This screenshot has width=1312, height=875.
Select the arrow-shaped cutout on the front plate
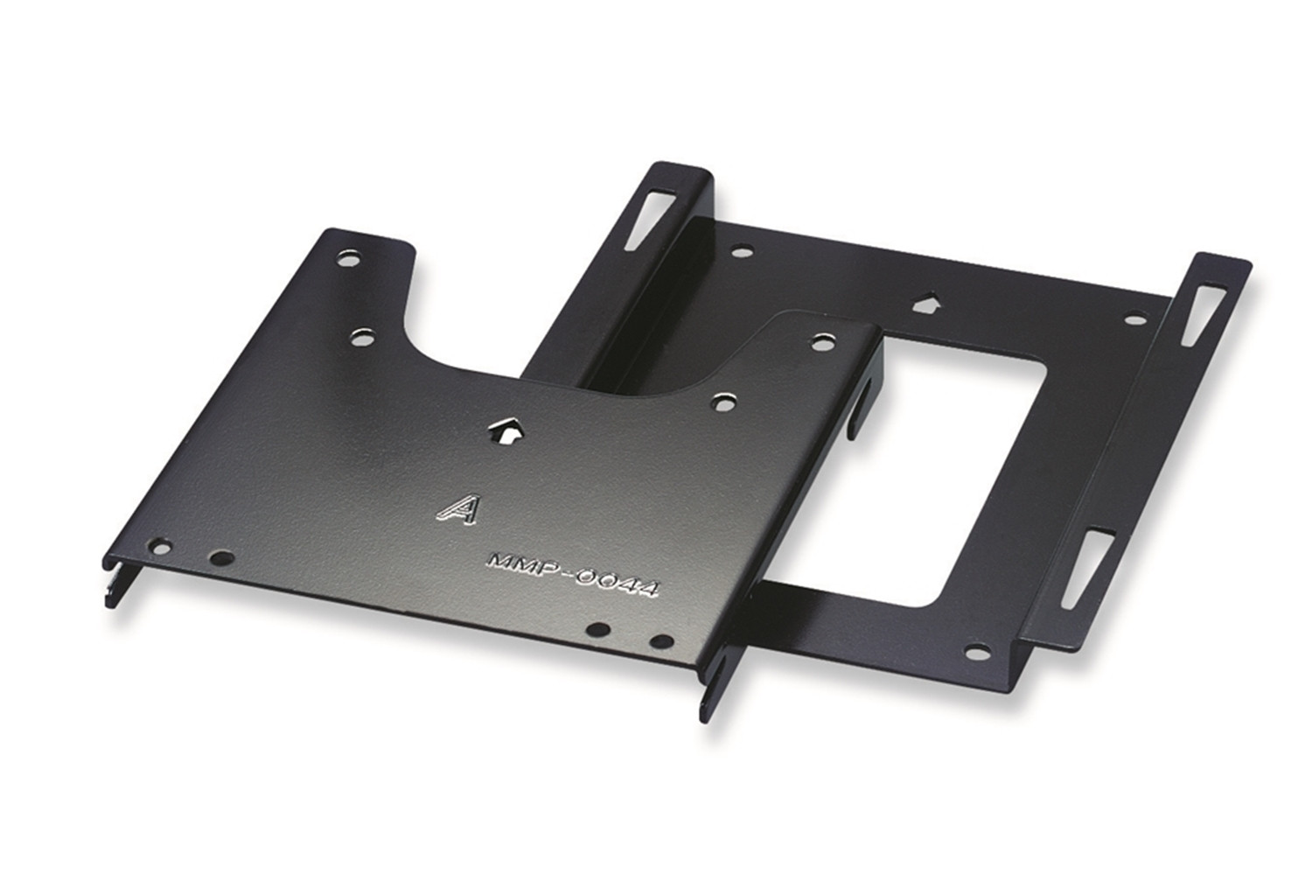tap(506, 431)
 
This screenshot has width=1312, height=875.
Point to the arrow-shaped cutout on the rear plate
tap(927, 304)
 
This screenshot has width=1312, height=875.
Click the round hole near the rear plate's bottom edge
tap(976, 650)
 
